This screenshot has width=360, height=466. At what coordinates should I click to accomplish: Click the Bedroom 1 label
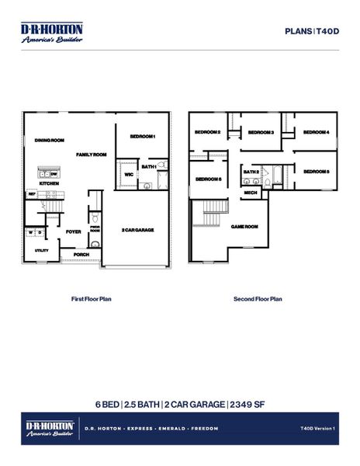(x=143, y=137)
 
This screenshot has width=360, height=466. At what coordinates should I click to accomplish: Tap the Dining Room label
(x=49, y=141)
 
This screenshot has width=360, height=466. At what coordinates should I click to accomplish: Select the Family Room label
(x=91, y=155)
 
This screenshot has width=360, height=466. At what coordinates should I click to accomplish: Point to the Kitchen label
(x=50, y=183)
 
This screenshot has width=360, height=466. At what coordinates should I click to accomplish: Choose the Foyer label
(x=74, y=231)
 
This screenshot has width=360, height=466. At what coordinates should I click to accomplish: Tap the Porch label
(x=81, y=254)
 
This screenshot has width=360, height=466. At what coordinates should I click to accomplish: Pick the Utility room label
(x=42, y=250)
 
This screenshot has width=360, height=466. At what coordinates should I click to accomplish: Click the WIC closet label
(x=129, y=175)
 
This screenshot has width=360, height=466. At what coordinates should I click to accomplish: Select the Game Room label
(x=244, y=226)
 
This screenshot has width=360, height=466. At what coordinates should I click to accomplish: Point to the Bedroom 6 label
(x=208, y=179)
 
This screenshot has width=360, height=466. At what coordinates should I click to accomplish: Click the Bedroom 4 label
(x=316, y=133)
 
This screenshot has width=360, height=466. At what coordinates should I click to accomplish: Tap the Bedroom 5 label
(x=316, y=171)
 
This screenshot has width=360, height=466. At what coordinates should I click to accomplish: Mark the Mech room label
(x=251, y=193)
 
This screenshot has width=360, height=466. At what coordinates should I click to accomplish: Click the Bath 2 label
(x=251, y=172)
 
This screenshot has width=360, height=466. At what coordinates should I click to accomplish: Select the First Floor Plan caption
(x=92, y=298)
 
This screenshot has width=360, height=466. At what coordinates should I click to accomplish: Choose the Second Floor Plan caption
(x=258, y=298)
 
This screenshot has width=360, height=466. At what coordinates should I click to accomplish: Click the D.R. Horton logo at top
(x=51, y=33)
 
